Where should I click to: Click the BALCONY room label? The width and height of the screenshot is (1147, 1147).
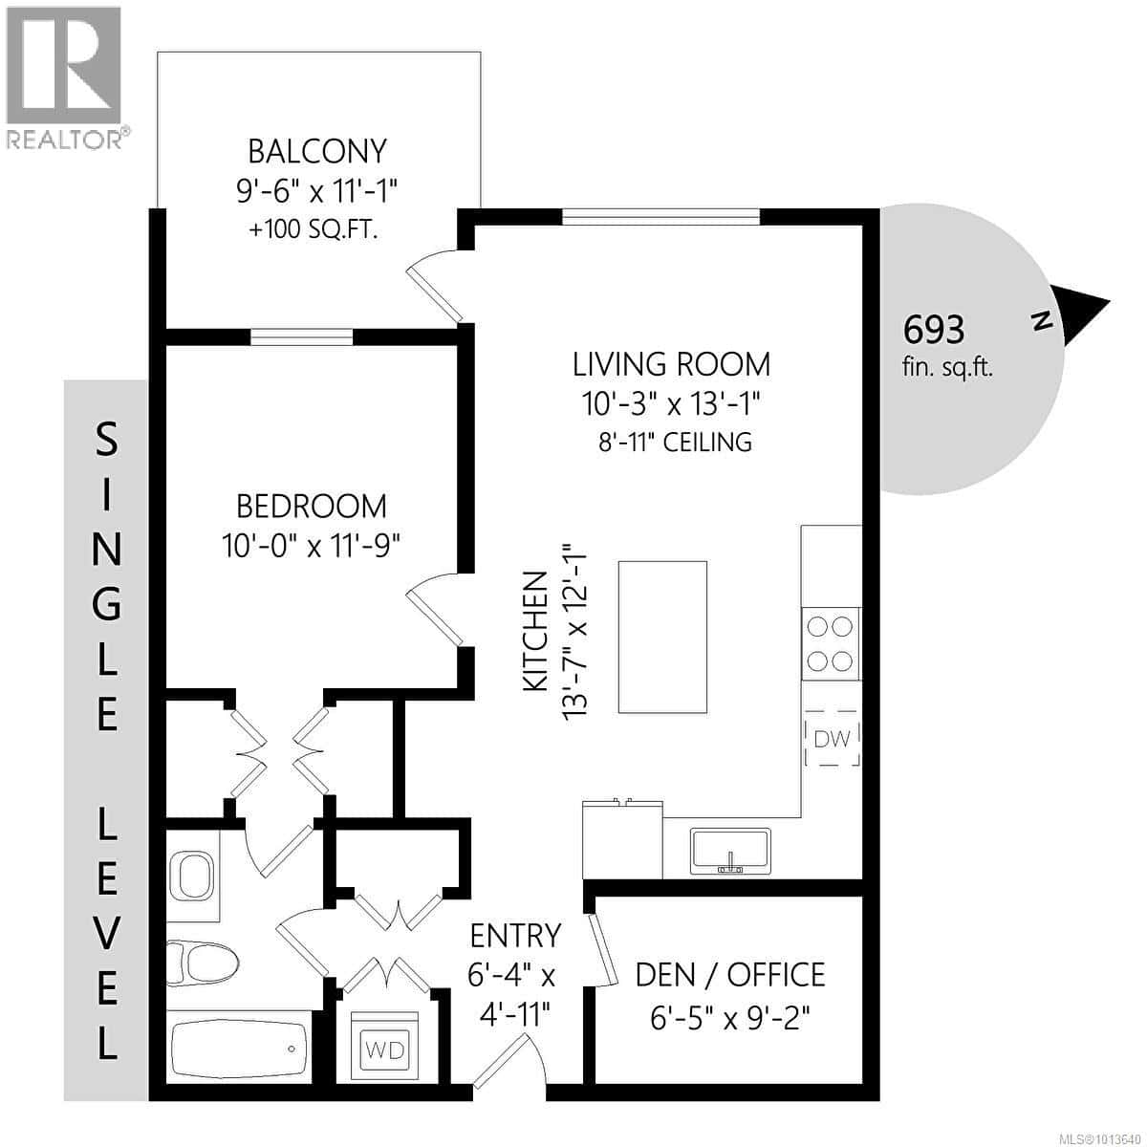click(x=316, y=151)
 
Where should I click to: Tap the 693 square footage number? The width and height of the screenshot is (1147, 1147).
click(x=934, y=330)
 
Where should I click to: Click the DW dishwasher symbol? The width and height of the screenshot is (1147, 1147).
click(x=832, y=738)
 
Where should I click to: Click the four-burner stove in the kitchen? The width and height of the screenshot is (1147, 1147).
click(x=830, y=644)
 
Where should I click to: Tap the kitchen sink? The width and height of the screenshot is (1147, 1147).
click(x=730, y=851)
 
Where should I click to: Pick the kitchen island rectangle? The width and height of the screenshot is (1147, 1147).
click(x=662, y=637)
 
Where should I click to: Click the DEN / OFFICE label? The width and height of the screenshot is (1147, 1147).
click(x=730, y=975)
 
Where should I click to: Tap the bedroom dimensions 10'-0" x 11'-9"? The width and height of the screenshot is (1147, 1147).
click(x=311, y=546)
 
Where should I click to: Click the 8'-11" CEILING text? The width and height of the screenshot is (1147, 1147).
click(x=671, y=442)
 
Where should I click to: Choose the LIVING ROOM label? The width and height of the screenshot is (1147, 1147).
click(x=671, y=364)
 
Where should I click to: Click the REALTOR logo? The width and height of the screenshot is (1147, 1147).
click(x=64, y=76)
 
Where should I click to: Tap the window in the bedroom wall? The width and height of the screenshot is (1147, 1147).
click(x=301, y=335)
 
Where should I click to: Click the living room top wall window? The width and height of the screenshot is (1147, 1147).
click(x=661, y=217)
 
